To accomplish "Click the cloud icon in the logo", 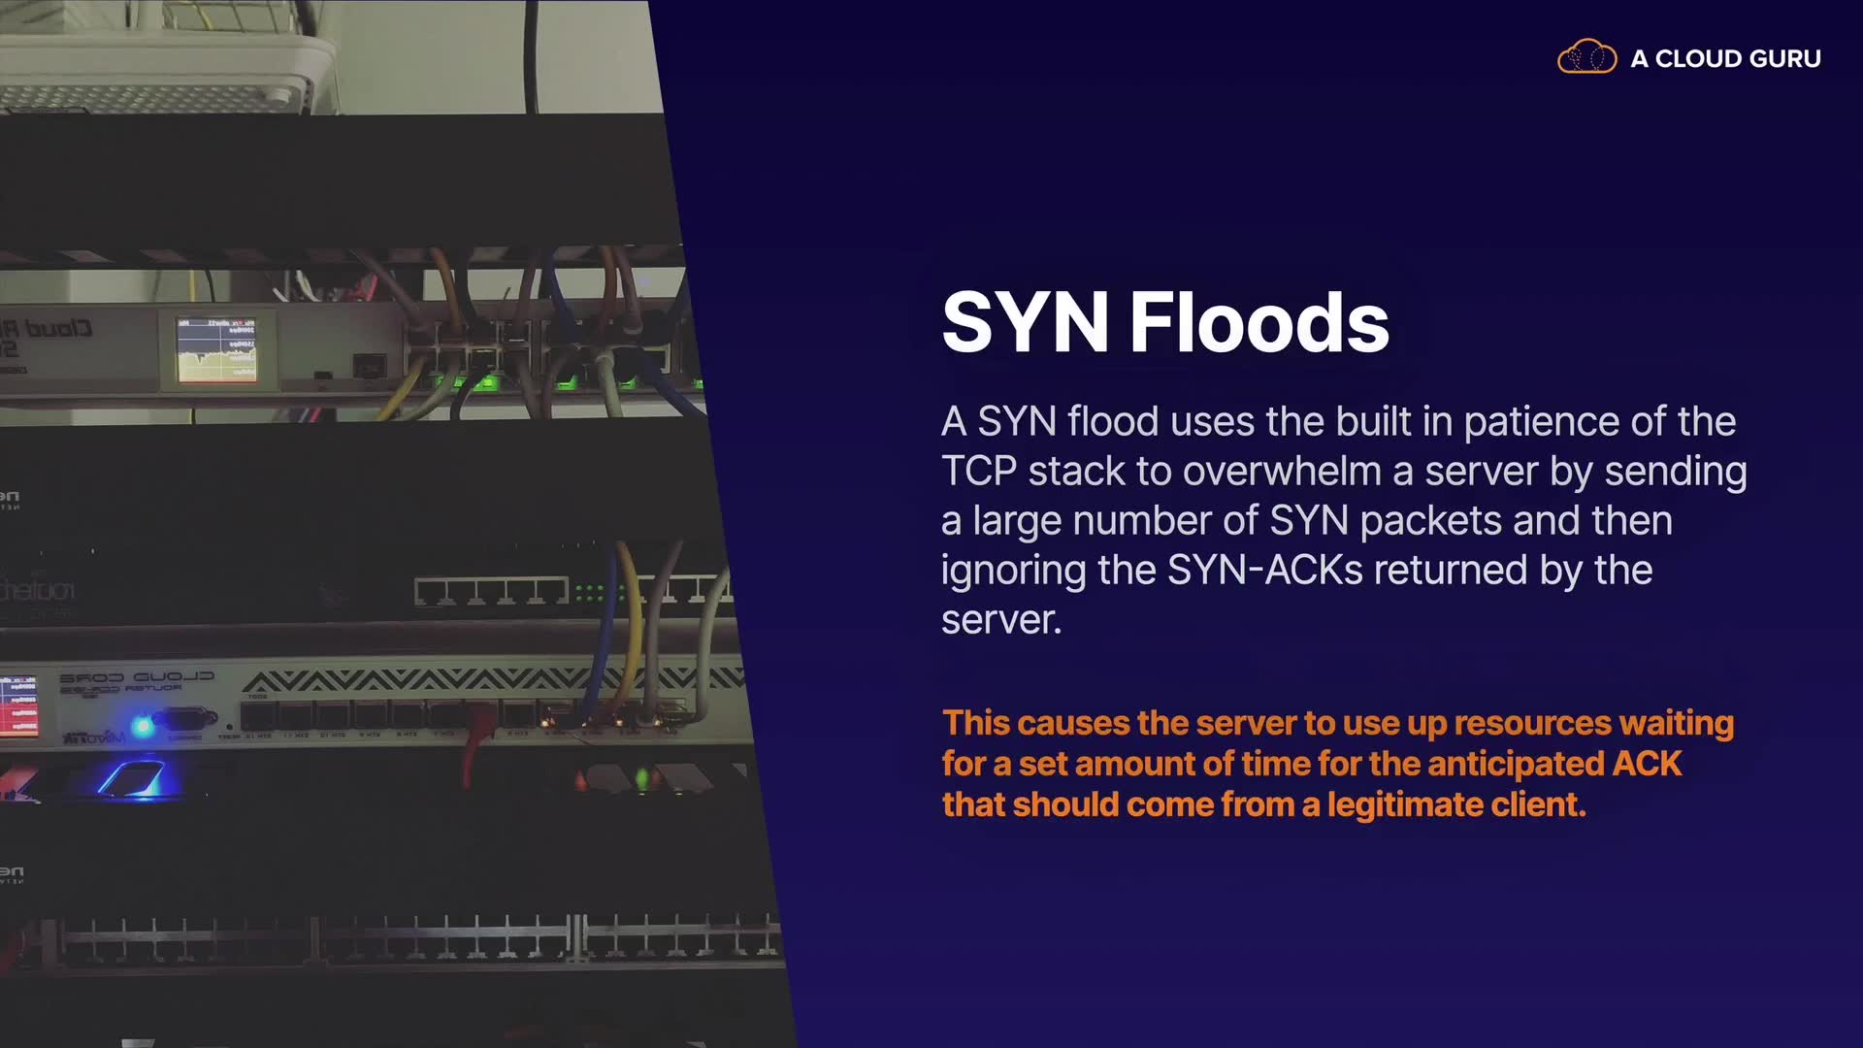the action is [x=1586, y=57].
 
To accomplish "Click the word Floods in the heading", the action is [x=1259, y=322].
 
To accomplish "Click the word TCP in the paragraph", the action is [x=978, y=472].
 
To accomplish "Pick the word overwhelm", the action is [x=1282, y=472].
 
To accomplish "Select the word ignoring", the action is [x=1013, y=571].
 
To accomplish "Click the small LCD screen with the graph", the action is [x=217, y=348].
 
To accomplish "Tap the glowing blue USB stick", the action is [x=134, y=779].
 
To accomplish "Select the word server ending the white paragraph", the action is [x=1000, y=620].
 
